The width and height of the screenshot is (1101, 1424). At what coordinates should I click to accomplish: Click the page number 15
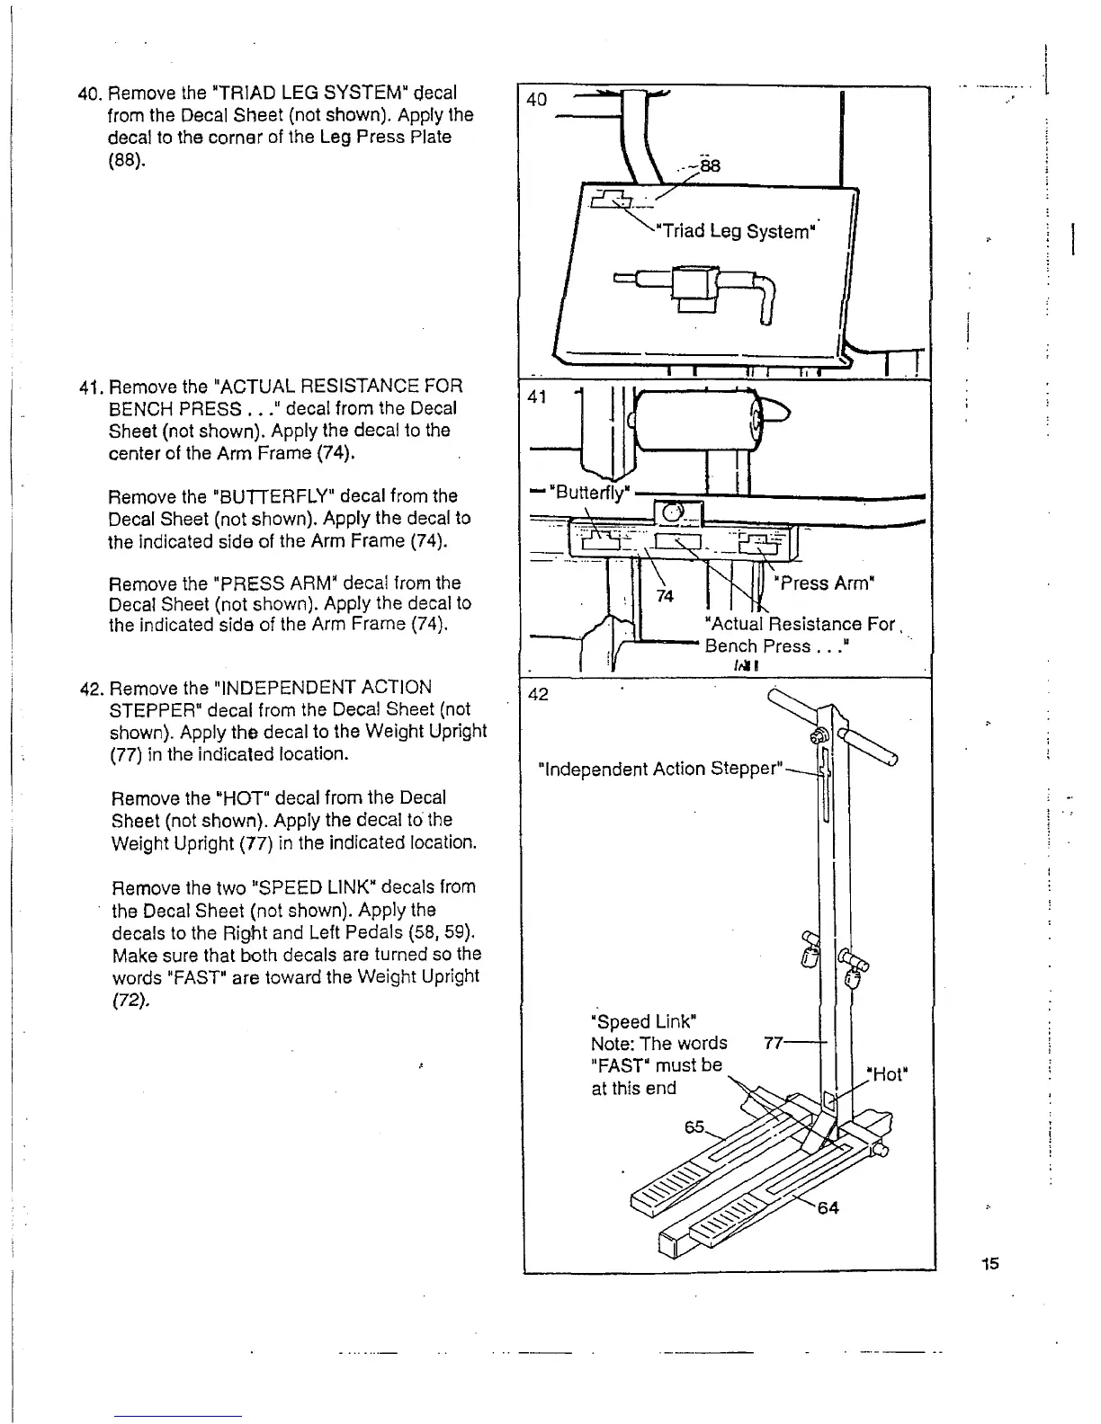click(990, 1263)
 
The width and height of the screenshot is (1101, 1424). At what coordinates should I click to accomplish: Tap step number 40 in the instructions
click(88, 93)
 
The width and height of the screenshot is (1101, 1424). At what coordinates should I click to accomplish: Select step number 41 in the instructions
click(88, 387)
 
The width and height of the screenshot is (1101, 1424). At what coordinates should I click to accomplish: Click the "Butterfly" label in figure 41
click(592, 492)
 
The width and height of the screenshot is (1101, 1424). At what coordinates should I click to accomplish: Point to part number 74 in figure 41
click(666, 596)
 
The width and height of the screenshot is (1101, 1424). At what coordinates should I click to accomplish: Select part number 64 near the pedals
click(827, 1207)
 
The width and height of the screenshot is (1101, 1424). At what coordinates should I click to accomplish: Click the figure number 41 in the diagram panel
click(537, 396)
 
